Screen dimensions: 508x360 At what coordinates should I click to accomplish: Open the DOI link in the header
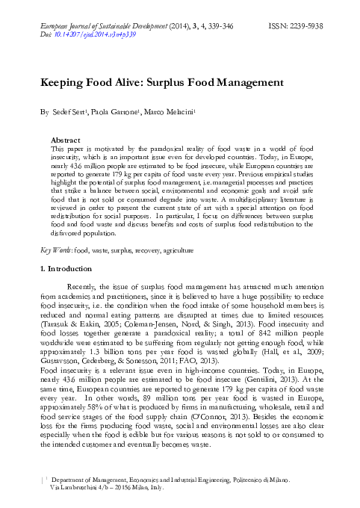[92, 34]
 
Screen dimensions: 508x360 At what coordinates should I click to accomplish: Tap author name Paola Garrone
[113, 113]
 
